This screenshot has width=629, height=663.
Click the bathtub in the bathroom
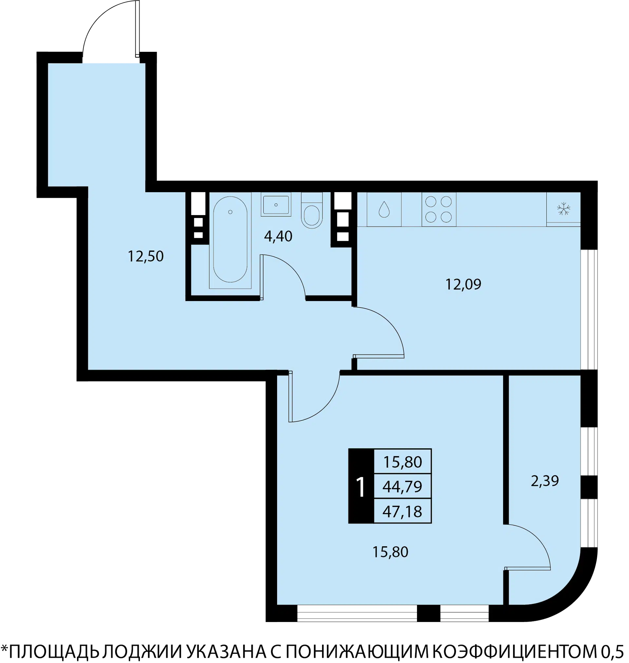pos(230,240)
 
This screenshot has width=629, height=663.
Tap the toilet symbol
pos(312,211)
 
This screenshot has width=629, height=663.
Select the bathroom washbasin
pos(276,204)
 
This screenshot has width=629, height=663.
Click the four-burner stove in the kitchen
pos(439,210)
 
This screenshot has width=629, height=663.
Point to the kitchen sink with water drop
pos(384,210)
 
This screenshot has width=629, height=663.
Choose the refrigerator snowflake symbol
pos(563,209)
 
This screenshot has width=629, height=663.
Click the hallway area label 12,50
pos(145,256)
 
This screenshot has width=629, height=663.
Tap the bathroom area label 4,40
pos(278,236)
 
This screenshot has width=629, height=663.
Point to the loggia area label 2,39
pos(545,481)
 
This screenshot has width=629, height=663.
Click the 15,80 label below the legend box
pos(390,552)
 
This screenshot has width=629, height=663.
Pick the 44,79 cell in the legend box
pos(402,487)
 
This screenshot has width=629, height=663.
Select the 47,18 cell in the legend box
pos(402,511)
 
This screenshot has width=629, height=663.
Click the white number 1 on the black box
pos(360,487)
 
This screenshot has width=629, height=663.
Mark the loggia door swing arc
pos(537,537)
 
